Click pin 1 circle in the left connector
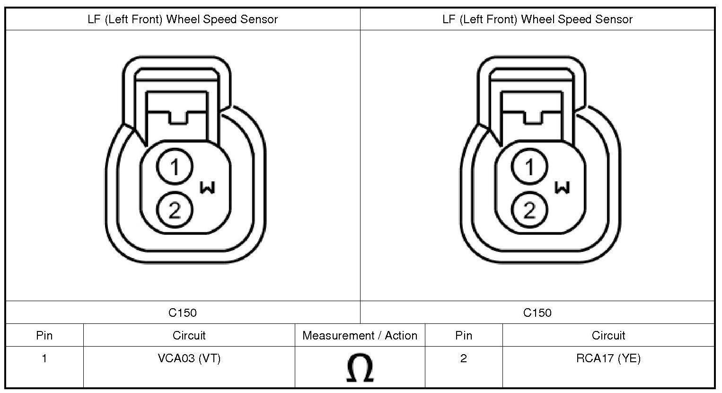pyautogui.click(x=175, y=167)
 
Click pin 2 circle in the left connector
pyautogui.click(x=175, y=210)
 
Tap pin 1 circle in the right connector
pyautogui.click(x=529, y=167)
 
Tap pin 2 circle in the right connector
pyautogui.click(x=529, y=210)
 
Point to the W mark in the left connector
pyautogui.click(x=207, y=188)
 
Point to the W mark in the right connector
pyautogui.click(x=562, y=188)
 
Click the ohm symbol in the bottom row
pyautogui.click(x=360, y=367)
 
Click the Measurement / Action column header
pyautogui.click(x=360, y=336)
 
